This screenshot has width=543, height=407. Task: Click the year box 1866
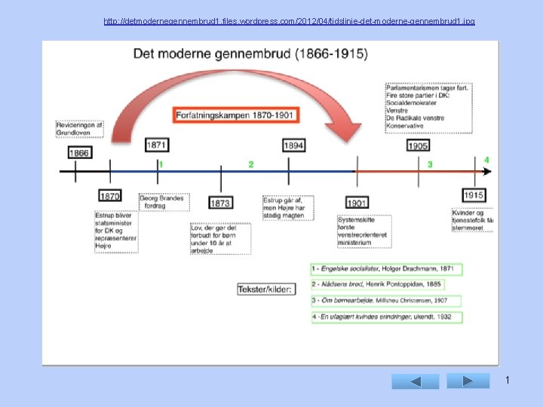[x=79, y=152]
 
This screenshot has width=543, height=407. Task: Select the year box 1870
[x=110, y=196]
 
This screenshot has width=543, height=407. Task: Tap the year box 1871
[x=157, y=144]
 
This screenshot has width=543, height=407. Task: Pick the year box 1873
[x=220, y=203]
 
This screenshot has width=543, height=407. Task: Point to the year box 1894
[x=294, y=144]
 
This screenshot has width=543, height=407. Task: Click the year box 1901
[x=357, y=203]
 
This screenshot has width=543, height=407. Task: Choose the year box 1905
[x=418, y=145]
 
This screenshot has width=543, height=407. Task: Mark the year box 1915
[x=474, y=195]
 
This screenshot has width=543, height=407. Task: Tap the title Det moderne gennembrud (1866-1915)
[x=250, y=54]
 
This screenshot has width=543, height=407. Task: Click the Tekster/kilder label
[x=265, y=289]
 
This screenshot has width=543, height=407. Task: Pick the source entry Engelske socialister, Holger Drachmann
[x=385, y=269]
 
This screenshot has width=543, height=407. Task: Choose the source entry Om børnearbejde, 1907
[x=385, y=301]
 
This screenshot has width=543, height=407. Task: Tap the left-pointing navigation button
[x=415, y=381]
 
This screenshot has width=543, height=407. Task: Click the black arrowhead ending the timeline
[x=488, y=171]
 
